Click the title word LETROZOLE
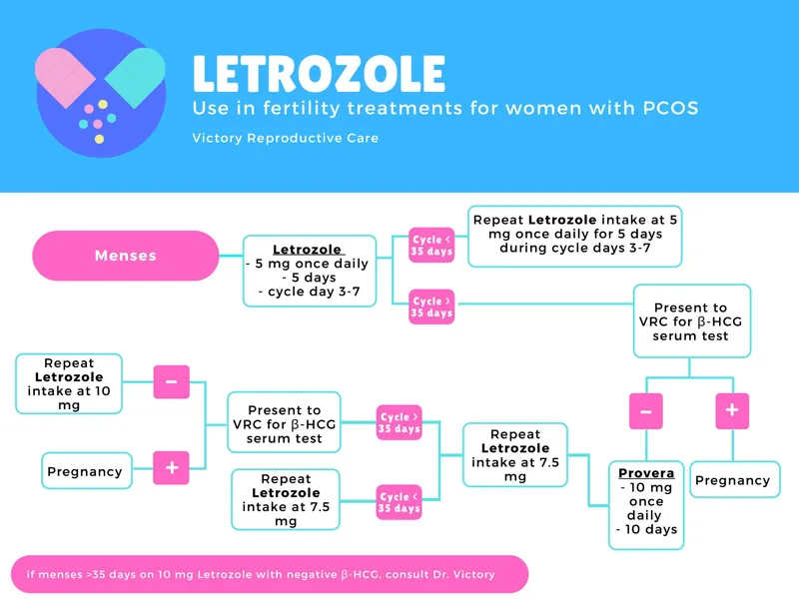coord(319,75)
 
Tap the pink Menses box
coord(126,256)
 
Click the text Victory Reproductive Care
coord(286,138)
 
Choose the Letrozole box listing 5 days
coord(309,271)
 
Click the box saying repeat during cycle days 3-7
coord(574,235)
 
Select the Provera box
coord(646,504)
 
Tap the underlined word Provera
coord(646,472)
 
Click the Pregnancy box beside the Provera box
coord(732,480)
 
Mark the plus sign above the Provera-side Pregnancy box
coord(732,409)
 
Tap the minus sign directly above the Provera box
coord(646,409)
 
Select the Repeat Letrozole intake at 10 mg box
coord(69,383)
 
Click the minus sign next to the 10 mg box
coord(171,381)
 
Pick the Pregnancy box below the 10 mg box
coord(86,471)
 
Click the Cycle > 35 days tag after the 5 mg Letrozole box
coord(431,306)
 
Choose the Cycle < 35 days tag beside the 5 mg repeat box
coord(431,245)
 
